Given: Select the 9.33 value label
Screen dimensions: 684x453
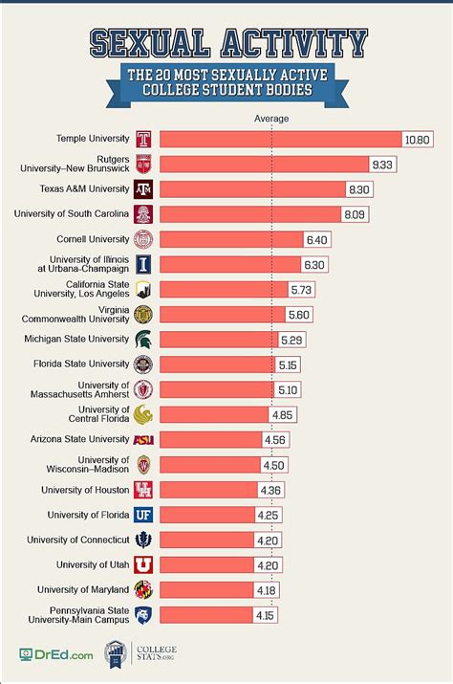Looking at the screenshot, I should pos(382,164).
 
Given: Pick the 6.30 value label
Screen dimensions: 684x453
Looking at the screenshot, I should pos(314,264).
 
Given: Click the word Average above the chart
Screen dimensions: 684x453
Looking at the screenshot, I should pos(271,119).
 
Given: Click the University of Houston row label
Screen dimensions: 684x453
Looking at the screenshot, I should pos(85,490).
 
